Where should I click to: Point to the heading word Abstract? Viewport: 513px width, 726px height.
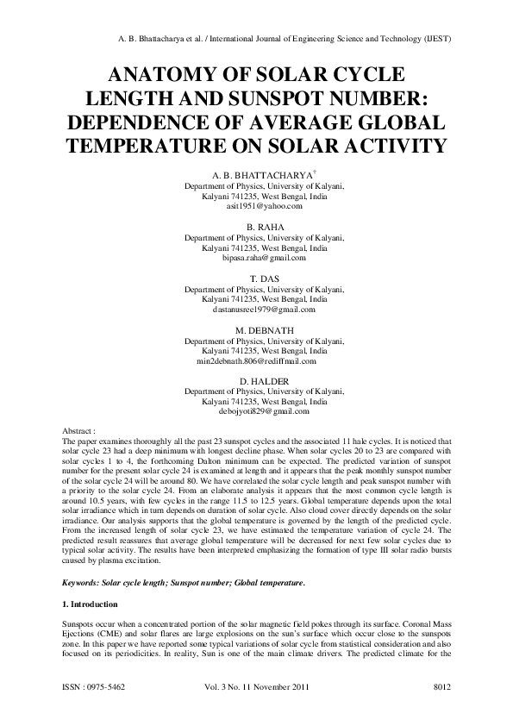point(78,430)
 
